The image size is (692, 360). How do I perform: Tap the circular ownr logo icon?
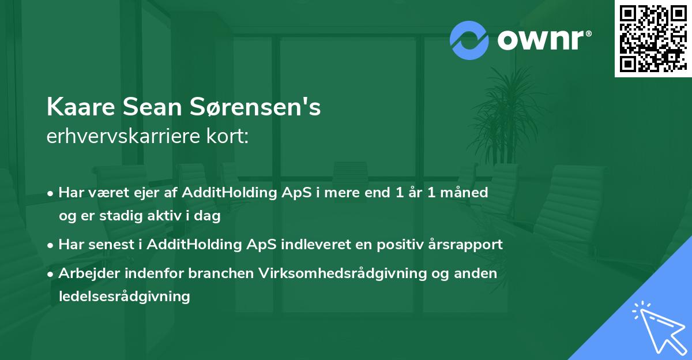[x=469, y=40]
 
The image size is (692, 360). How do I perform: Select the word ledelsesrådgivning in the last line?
[x=124, y=297]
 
